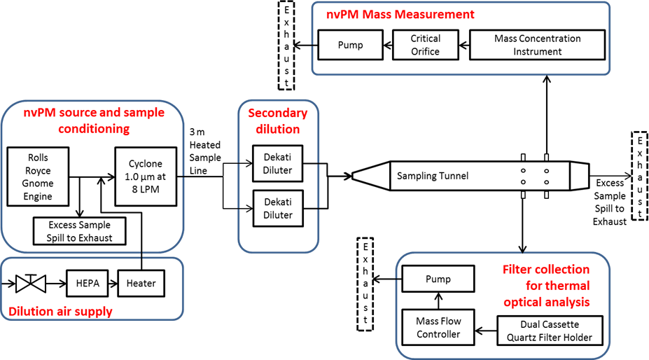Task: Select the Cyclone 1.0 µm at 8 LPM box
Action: click(x=145, y=175)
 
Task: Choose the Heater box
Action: click(x=141, y=284)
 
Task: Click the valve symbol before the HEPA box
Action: click(x=30, y=284)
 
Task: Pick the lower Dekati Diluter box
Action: click(x=278, y=208)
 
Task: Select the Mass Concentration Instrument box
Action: click(x=537, y=45)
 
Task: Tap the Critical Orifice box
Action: click(x=425, y=45)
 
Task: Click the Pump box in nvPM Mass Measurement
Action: click(x=350, y=45)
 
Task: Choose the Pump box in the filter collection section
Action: click(x=438, y=279)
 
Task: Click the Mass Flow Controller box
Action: click(x=438, y=327)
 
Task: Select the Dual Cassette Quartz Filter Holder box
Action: click(x=550, y=329)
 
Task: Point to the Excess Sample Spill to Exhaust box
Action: click(x=81, y=230)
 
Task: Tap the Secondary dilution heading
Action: click(x=278, y=120)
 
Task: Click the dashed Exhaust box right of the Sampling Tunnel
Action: click(x=639, y=176)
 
